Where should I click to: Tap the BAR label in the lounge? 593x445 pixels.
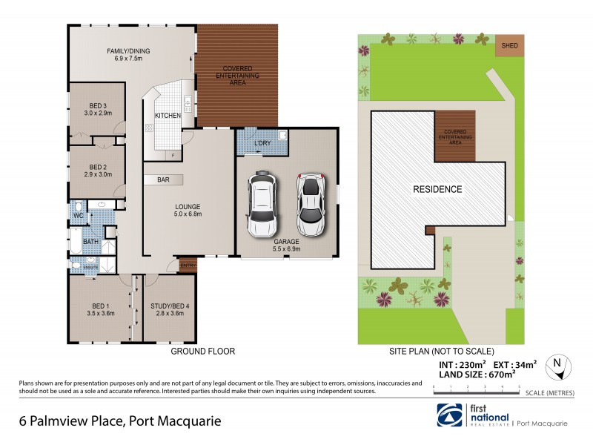164,179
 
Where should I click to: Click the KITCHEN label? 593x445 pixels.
168,116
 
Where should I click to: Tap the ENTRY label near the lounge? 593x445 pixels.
187,265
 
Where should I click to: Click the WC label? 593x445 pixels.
78,215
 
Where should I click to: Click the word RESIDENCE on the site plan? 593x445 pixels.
437,189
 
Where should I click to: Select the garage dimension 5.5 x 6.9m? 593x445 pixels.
287,248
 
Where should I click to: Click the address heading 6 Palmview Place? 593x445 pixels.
119,422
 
